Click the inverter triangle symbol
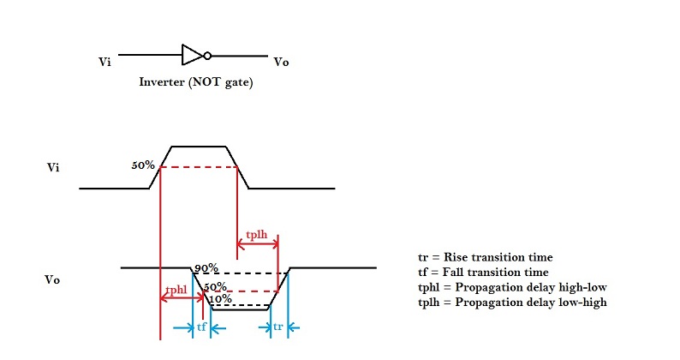click(191, 55)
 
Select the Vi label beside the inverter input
click(104, 62)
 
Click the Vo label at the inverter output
click(280, 62)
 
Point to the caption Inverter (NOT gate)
click(196, 83)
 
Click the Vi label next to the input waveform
click(52, 167)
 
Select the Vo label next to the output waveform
click(52, 279)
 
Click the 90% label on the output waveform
click(206, 268)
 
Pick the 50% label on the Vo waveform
click(216, 286)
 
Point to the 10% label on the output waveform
click(220, 298)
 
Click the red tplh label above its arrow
click(257, 234)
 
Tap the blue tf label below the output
click(201, 327)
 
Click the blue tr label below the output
click(278, 327)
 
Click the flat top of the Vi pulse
click(200, 147)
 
